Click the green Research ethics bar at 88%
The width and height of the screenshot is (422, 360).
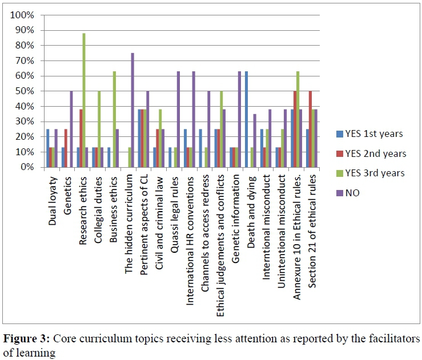(84, 100)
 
